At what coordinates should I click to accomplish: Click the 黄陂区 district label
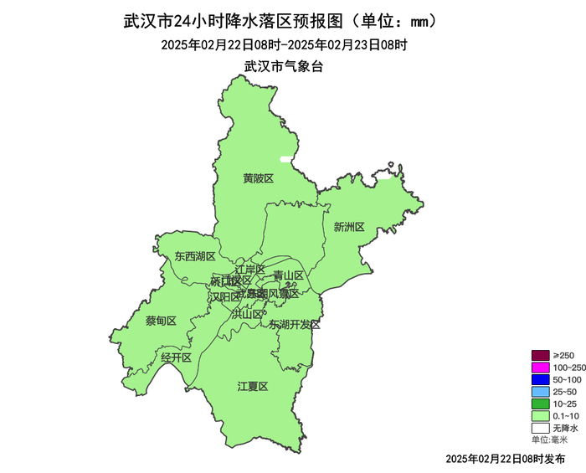259,178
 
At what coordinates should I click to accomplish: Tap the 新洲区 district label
349,227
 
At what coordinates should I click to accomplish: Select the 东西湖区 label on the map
195,257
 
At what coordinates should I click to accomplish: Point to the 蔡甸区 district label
161,321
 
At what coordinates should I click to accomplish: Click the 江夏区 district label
252,386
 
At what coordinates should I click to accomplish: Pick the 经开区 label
177,357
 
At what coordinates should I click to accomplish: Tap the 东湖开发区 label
295,325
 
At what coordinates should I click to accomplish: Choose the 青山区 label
288,275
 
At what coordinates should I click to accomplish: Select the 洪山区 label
247,314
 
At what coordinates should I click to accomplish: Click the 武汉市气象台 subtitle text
283,65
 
